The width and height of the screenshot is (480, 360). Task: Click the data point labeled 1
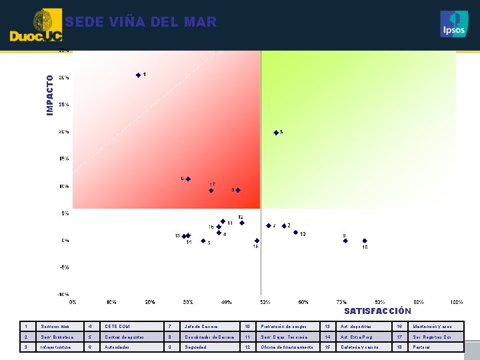coord(138,75)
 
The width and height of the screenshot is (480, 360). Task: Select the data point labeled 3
coord(276,133)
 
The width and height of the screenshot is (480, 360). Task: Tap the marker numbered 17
coord(211,191)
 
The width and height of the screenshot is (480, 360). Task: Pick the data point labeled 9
coord(345,241)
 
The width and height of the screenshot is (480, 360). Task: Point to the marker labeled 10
coord(295,233)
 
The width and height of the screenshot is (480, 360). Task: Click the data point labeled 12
coord(242,223)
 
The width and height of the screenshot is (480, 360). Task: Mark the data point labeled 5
coord(203,241)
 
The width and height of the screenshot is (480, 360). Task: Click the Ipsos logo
coord(454,24)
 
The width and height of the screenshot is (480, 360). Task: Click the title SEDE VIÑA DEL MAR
coord(141,22)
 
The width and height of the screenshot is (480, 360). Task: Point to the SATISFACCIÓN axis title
coord(377,311)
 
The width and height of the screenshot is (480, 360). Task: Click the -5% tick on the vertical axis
coord(65,267)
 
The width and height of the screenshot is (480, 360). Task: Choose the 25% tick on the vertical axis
coord(64,105)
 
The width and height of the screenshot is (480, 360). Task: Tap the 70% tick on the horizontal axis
coord(341,302)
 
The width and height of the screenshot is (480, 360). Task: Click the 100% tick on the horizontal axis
coord(457,302)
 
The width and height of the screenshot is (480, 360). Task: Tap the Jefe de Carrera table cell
coord(201,327)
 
